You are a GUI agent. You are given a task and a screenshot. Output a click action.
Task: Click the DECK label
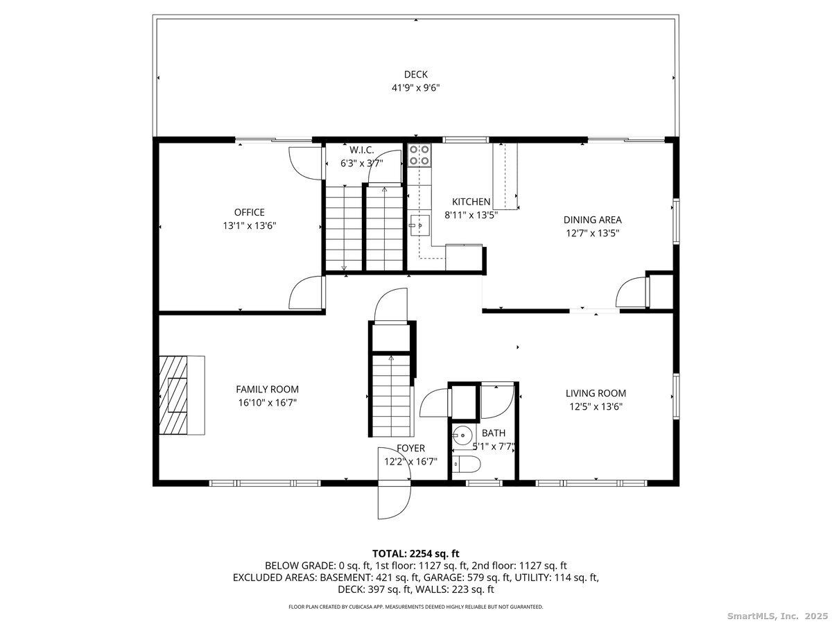416,74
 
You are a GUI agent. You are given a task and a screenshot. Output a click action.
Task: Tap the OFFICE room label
249,212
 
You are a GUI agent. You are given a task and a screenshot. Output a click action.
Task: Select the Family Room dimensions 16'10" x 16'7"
267,402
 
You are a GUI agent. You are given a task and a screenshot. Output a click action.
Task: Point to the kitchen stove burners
419,156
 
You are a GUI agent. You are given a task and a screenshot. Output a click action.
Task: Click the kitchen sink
419,225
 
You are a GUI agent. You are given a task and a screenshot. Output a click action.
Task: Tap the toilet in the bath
464,465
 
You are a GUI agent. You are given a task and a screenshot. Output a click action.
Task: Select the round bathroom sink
461,436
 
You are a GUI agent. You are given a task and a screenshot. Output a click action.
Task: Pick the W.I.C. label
361,150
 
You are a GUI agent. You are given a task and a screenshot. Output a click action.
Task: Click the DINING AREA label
592,220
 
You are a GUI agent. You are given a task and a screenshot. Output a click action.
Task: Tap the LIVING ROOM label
596,393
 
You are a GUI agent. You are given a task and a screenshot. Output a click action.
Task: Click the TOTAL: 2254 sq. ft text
416,553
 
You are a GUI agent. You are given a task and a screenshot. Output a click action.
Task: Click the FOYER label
410,448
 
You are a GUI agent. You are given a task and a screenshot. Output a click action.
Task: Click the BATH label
494,433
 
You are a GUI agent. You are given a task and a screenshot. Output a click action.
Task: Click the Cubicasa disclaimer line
416,607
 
